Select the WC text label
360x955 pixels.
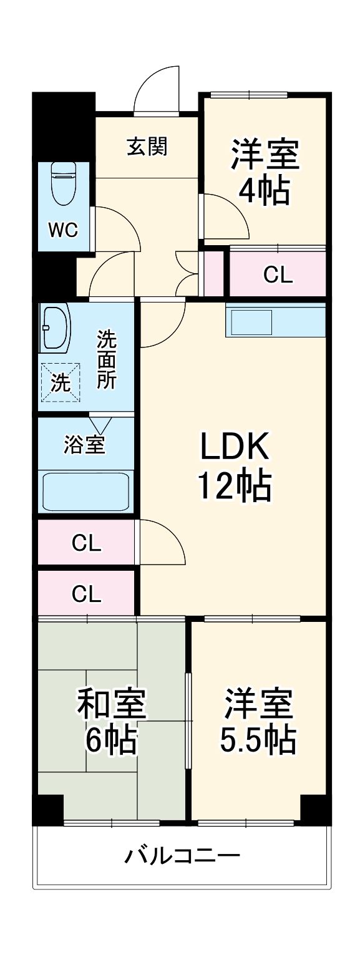pyautogui.click(x=63, y=230)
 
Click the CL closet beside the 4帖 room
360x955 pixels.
pyautogui.click(x=278, y=274)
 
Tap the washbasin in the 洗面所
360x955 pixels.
pyautogui.click(x=56, y=328)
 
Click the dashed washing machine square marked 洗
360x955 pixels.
pyautogui.click(x=61, y=382)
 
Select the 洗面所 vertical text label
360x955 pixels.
pyautogui.click(x=106, y=360)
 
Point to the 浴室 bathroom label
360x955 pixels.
pyautogui.click(x=85, y=445)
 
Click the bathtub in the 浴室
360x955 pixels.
pyautogui.click(x=85, y=492)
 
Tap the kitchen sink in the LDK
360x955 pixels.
pyautogui.click(x=252, y=323)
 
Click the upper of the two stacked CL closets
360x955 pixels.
pyautogui.click(x=86, y=543)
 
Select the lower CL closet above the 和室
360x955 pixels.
pyautogui.click(x=86, y=593)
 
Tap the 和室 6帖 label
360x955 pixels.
pyautogui.click(x=111, y=721)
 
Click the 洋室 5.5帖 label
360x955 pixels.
pyautogui.click(x=258, y=721)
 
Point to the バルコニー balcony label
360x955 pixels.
pyautogui.click(x=182, y=855)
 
